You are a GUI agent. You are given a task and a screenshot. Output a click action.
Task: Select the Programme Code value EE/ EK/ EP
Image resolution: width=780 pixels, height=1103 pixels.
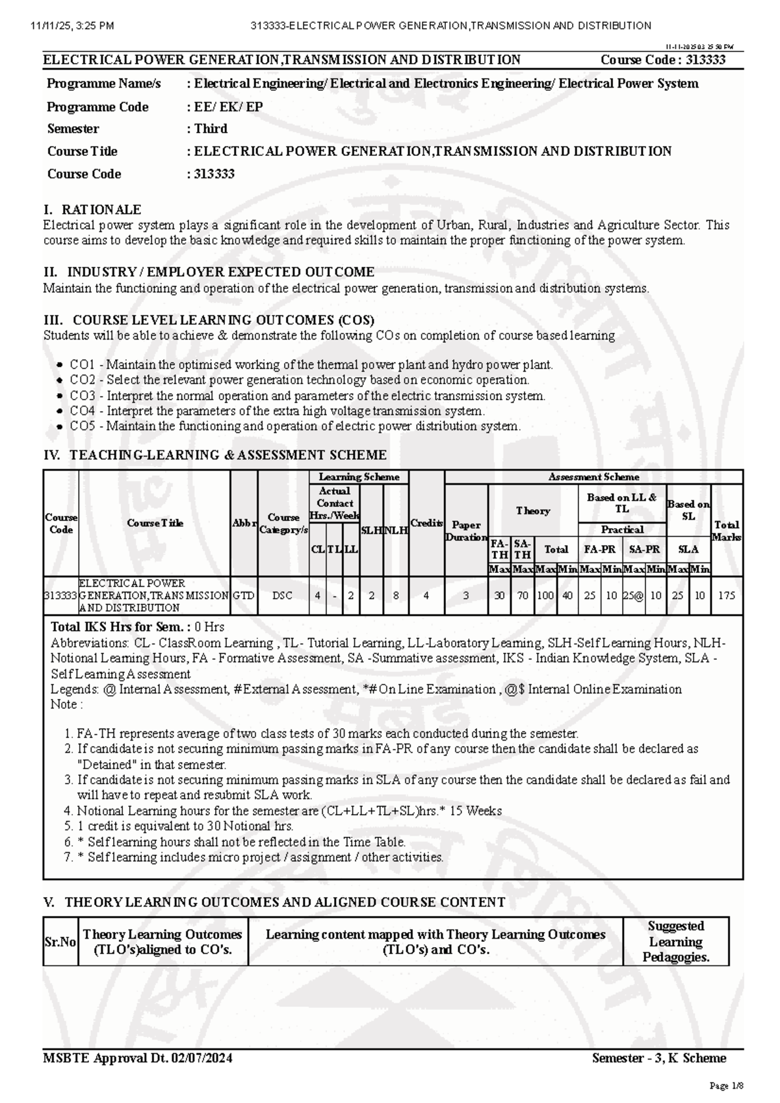pyautogui.click(x=228, y=107)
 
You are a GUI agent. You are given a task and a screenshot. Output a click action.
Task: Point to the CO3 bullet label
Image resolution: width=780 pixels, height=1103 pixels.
pyautogui.click(x=83, y=396)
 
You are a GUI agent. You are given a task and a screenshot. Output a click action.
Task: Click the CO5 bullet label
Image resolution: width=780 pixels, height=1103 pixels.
pyautogui.click(x=83, y=427)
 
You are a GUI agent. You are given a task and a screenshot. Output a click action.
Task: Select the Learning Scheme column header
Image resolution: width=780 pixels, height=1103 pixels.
pyautogui.click(x=359, y=477)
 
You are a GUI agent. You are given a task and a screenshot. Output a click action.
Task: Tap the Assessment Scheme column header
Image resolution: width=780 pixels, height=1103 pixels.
pyautogui.click(x=593, y=477)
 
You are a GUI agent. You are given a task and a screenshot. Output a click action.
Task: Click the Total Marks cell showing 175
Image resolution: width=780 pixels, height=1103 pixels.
pyautogui.click(x=727, y=595)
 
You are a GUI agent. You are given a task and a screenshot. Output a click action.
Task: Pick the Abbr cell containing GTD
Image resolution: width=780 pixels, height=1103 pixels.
pyautogui.click(x=244, y=595)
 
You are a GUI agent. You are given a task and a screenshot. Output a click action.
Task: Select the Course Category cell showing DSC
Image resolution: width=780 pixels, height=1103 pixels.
pyautogui.click(x=282, y=595)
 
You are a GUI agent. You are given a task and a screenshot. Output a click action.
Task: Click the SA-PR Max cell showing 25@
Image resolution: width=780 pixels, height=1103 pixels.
pyautogui.click(x=633, y=595)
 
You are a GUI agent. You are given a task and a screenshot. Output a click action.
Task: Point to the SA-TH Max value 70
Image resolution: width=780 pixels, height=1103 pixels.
pyautogui.click(x=522, y=595)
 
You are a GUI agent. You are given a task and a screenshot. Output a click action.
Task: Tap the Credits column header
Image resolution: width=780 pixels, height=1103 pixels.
pyautogui.click(x=426, y=523)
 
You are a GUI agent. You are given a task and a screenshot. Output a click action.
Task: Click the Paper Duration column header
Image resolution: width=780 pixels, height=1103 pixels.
pyautogui.click(x=466, y=531)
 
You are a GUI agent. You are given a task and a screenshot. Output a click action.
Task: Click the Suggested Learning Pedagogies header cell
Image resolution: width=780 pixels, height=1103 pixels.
pyautogui.click(x=675, y=941)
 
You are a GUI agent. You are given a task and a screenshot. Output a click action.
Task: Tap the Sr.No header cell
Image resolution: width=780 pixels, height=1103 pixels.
pyautogui.click(x=60, y=942)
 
